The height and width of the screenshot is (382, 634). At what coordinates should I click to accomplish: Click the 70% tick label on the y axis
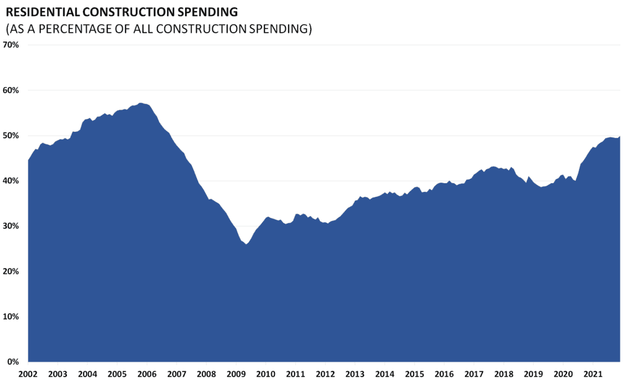click(12, 45)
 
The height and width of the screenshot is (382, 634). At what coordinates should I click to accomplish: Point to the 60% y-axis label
click(12, 90)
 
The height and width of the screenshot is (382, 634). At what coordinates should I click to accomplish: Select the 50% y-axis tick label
click(12, 136)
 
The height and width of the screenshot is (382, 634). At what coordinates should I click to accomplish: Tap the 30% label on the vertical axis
click(12, 226)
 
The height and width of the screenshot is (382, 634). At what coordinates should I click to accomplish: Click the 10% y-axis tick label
click(12, 316)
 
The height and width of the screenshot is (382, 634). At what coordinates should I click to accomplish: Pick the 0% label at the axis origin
click(14, 362)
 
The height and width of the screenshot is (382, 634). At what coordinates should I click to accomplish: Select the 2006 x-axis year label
click(146, 374)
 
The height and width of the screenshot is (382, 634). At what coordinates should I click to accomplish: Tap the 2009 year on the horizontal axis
click(235, 374)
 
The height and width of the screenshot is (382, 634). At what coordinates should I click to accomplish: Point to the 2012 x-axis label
click(325, 374)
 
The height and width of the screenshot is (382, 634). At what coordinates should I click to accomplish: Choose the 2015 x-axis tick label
click(414, 374)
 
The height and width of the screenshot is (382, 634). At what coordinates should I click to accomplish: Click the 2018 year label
click(503, 374)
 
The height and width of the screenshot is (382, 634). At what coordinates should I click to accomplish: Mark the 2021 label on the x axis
click(593, 374)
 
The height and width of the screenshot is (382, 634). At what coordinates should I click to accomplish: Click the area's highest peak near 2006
click(141, 103)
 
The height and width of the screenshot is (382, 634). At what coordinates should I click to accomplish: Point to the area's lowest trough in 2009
click(246, 245)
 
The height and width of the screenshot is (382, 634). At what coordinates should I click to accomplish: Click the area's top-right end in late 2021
click(620, 136)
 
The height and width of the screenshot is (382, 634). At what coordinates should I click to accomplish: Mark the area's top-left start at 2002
click(28, 160)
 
